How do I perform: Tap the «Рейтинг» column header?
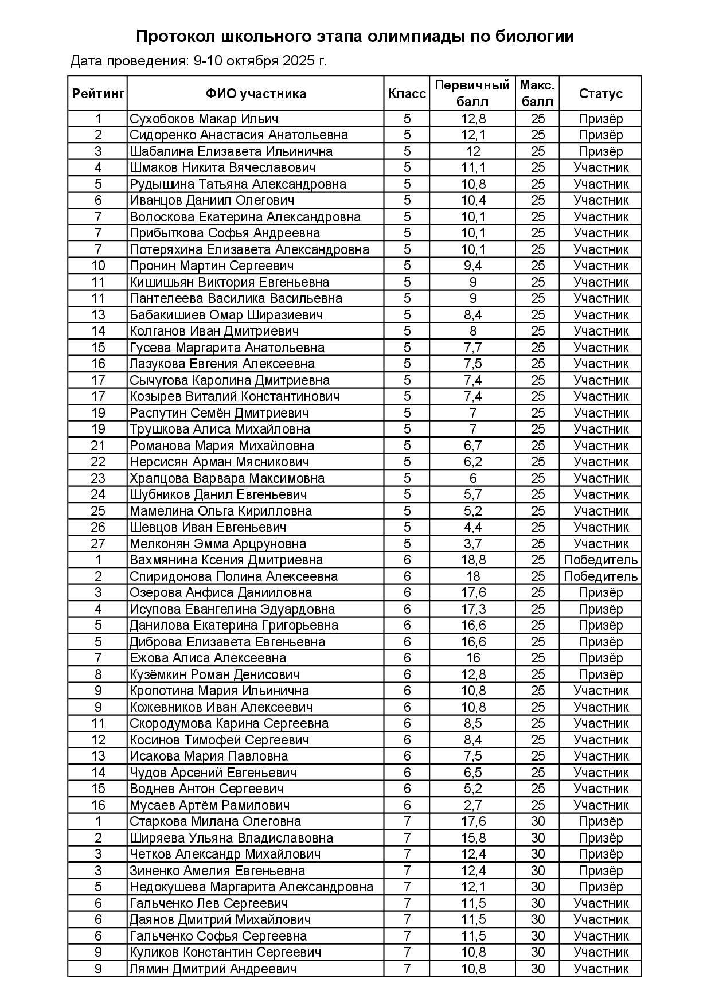[x=98, y=93]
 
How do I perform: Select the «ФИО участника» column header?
[x=256, y=93]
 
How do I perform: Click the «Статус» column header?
[x=600, y=93]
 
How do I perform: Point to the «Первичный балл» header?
[x=472, y=93]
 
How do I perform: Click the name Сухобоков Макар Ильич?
[x=204, y=119]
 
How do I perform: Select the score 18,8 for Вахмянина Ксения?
[x=473, y=560]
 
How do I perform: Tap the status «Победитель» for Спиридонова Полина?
[x=600, y=576]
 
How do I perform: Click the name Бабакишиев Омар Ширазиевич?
[x=226, y=315]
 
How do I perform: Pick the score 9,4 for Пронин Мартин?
[x=473, y=266]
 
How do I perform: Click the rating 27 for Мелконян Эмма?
[x=98, y=544]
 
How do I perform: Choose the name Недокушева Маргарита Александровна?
[x=251, y=887]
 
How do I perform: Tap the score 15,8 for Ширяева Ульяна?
[x=473, y=838]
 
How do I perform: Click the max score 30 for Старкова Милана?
[x=537, y=821]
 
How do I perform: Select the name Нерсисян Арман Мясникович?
[x=220, y=462]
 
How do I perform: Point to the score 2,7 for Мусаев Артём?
[x=473, y=805]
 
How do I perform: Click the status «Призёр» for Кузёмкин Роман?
[x=600, y=674]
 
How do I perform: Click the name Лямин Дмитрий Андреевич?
[x=213, y=969]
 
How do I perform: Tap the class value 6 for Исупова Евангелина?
[x=407, y=609]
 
